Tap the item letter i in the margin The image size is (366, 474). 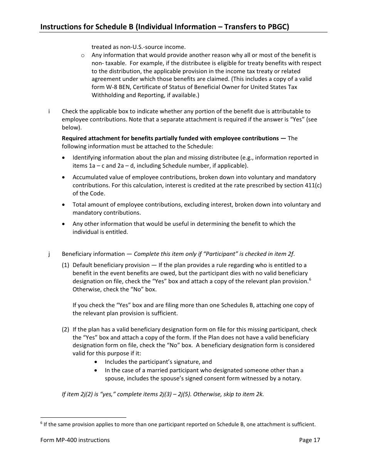(49, 111)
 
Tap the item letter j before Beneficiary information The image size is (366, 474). (49, 254)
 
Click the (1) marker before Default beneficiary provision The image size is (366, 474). (66, 265)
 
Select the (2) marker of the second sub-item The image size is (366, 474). (66, 329)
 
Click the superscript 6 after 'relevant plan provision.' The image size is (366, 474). (310, 279)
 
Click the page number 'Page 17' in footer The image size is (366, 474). (309, 440)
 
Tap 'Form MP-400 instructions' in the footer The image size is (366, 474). (75, 440)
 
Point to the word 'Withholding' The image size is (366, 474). (107, 95)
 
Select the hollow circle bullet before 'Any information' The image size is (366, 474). (83, 55)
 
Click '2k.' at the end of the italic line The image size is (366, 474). (260, 395)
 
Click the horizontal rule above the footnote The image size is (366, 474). (83, 417)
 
